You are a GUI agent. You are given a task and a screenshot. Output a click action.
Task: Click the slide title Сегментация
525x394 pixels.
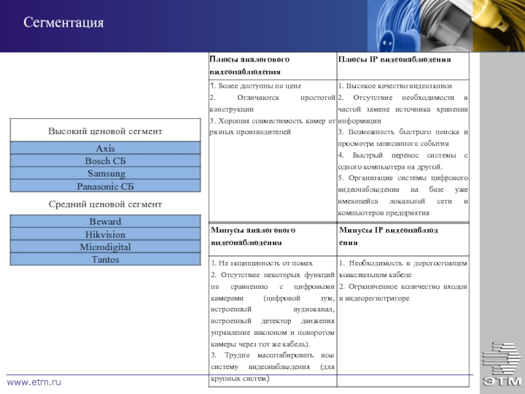point(64,24)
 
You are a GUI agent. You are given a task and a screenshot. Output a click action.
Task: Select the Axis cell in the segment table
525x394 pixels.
point(105,149)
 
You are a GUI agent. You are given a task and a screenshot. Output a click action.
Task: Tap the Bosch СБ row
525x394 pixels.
point(105,162)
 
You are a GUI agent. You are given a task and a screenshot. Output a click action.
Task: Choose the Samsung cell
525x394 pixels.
point(105,174)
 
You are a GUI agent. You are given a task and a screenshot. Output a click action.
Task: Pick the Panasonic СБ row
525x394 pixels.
point(105,186)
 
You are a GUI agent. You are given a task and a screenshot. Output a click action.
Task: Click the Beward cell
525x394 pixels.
point(105,222)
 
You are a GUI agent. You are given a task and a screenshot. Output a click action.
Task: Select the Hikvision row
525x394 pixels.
point(105,234)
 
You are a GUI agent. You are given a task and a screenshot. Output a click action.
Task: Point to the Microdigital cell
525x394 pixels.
point(105,248)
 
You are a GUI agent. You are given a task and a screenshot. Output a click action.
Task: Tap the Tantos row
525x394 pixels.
point(105,260)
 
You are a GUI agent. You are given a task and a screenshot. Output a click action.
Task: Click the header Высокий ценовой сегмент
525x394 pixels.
point(105,132)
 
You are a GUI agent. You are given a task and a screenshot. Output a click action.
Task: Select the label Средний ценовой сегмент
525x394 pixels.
point(105,205)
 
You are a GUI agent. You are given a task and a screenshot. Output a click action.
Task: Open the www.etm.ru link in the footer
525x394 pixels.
point(33,382)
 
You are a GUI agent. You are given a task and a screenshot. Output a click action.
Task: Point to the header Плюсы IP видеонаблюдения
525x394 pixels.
point(394,60)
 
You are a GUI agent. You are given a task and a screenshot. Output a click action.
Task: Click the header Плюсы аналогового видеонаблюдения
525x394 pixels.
point(249,66)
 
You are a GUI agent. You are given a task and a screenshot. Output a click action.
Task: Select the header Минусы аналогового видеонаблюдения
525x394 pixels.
point(253,236)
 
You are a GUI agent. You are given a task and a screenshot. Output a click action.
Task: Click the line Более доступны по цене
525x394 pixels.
point(255,86)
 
